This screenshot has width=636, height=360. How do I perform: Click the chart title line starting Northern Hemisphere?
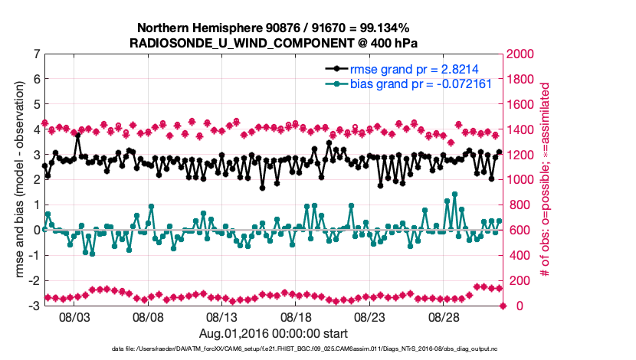click(x=273, y=28)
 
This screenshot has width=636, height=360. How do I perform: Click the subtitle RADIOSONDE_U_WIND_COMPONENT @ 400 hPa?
click(x=273, y=42)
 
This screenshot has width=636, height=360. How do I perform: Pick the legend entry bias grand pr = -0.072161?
click(x=421, y=83)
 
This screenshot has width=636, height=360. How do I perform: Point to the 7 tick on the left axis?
click(x=36, y=54)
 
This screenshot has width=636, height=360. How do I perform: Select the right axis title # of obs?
click(x=546, y=180)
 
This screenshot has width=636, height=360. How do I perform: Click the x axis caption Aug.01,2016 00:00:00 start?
click(x=273, y=333)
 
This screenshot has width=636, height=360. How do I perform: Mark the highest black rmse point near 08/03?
click(x=78, y=136)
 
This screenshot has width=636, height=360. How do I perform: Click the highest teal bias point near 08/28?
click(x=454, y=195)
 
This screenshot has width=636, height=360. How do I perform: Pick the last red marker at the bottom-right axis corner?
click(x=503, y=306)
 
